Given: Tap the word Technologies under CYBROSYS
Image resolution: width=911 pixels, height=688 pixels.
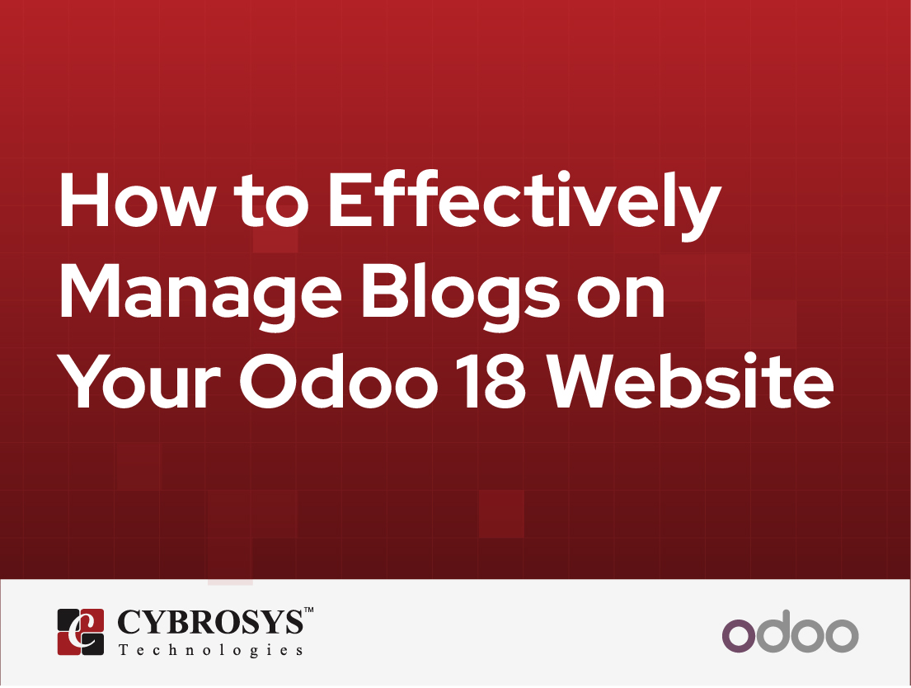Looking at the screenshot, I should coord(211,650).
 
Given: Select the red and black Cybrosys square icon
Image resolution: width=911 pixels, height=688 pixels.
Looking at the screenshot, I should coord(81,632).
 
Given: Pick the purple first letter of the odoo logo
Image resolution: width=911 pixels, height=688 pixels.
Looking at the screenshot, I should coord(739,635).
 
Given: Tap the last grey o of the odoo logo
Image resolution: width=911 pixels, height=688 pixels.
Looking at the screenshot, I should coord(842,635).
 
